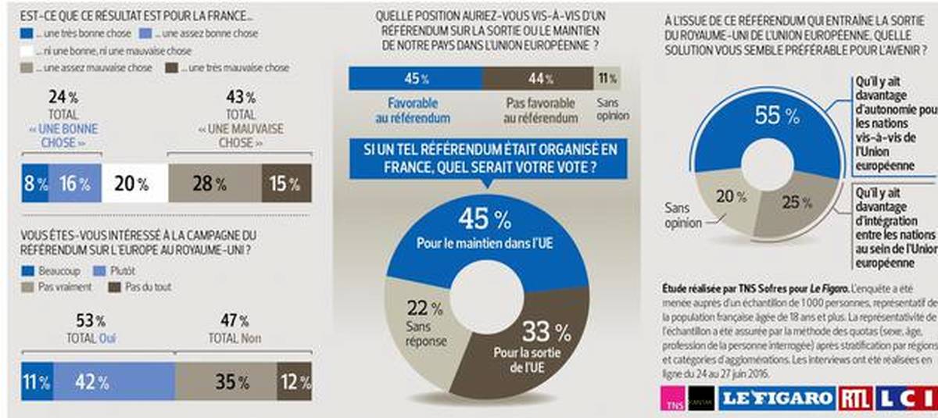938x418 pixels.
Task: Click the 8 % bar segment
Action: (x=35, y=184)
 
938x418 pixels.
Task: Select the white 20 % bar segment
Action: (x=133, y=184)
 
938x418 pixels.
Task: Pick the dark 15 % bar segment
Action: (x=286, y=184)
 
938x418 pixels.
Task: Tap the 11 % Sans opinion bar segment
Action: (x=607, y=78)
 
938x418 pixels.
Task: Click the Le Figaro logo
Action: (x=776, y=398)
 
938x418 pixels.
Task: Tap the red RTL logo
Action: (x=855, y=398)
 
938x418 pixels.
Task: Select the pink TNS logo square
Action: (x=670, y=398)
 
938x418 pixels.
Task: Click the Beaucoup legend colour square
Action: (x=28, y=270)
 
